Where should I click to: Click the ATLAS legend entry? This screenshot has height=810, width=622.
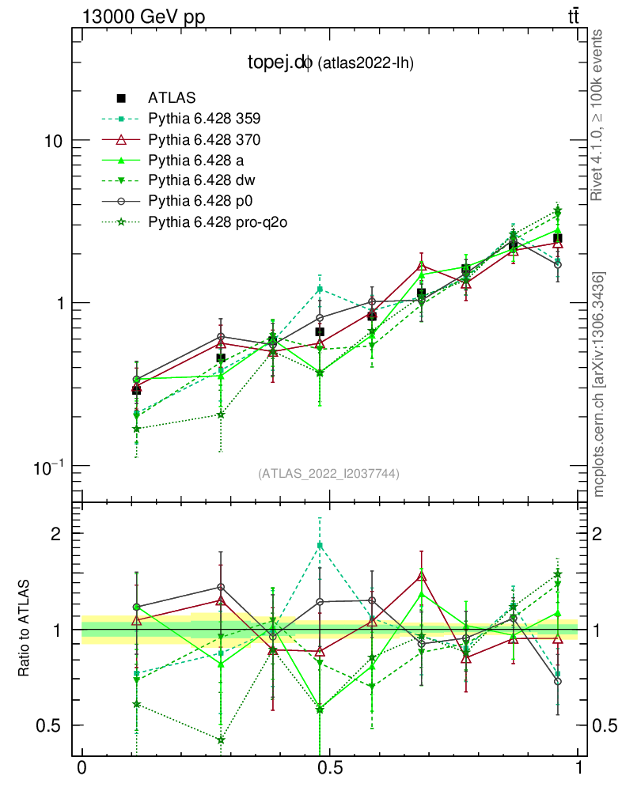point(171,98)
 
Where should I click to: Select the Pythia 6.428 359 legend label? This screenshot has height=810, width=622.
point(204,119)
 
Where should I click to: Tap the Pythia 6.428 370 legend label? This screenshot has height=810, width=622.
point(204,139)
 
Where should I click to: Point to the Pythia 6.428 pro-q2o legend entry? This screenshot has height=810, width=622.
point(216,221)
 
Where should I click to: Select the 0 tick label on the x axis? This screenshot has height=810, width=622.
point(82,768)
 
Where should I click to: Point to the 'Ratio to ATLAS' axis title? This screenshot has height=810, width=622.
point(25,630)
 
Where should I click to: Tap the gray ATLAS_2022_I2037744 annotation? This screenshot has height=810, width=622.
point(328,474)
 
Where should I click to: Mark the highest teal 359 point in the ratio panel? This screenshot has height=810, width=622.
point(320,546)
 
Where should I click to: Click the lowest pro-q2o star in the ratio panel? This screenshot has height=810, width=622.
point(221,740)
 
